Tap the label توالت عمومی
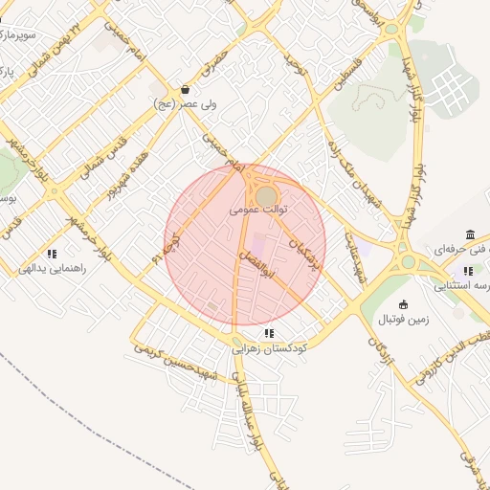click(258, 206)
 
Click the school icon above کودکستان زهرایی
click(269, 334)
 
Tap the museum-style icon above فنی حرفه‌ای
click(469, 235)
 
